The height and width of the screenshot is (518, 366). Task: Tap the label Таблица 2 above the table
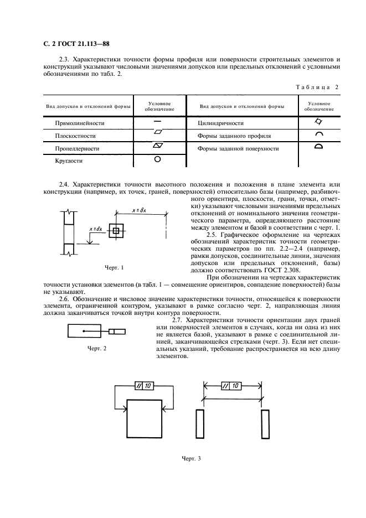[317, 87]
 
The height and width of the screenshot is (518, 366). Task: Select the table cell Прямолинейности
[80, 123]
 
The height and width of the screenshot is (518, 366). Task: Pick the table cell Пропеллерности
[77, 148]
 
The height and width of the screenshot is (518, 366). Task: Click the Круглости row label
[69, 160]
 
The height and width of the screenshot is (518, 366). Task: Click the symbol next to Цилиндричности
[318, 122]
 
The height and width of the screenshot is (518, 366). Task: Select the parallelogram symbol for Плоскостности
[157, 133]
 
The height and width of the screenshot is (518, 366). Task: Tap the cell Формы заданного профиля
[234, 136]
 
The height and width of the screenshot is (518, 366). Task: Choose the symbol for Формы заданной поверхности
[318, 147]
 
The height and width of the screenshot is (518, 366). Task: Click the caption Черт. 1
[114, 268]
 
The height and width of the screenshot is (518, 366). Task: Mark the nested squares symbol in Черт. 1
[116, 230]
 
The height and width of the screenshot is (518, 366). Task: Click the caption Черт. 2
[97, 349]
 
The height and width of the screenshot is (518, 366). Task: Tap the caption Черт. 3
[191, 459]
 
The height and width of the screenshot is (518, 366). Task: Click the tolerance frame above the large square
[145, 386]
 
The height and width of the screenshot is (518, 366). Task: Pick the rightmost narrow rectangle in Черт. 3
[265, 424]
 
